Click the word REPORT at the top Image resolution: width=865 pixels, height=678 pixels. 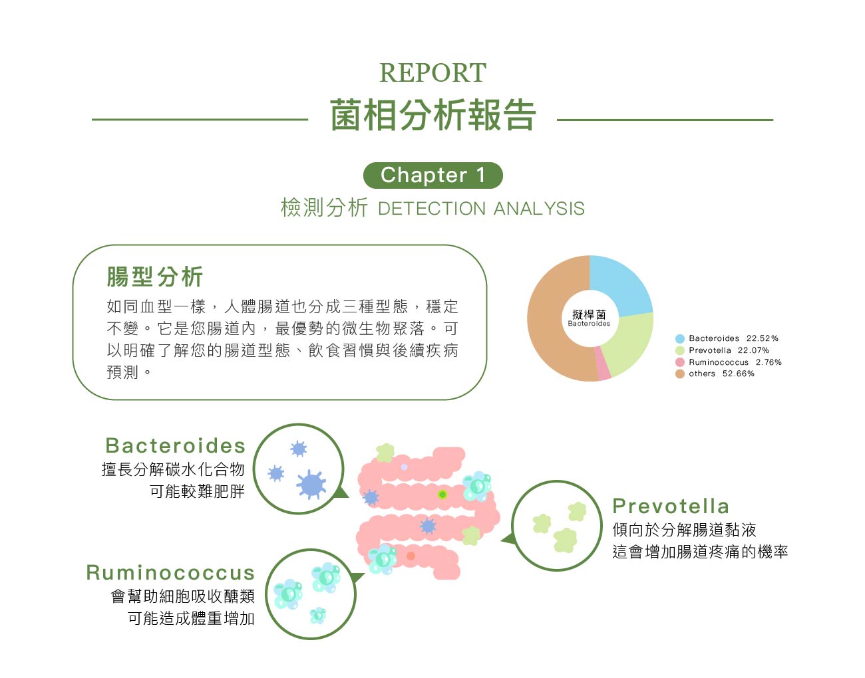432,72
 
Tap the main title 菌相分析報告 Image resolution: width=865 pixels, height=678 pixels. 432,115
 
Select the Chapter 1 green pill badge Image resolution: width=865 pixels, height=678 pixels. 432,175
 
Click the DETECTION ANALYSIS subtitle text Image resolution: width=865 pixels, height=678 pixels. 481,208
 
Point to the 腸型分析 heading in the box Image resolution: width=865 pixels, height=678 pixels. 155,277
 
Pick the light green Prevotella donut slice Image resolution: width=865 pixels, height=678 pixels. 629,342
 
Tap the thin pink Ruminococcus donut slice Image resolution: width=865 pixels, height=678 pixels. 603,364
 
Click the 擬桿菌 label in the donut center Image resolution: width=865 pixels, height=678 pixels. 589,314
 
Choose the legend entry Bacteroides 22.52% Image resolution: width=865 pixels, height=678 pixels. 727,338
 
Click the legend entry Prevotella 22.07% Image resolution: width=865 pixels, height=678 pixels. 722,350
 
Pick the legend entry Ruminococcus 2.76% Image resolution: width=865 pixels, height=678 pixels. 729,362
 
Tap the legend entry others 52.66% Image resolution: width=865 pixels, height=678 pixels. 715,374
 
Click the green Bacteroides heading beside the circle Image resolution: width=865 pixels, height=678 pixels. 175,445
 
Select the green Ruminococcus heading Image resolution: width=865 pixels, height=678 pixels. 170,572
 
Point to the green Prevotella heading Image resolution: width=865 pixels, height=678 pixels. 670,507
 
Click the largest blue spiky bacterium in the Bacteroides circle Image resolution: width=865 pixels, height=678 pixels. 311,484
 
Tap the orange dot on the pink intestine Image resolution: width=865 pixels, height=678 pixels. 411,556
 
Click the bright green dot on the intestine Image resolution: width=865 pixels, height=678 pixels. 442,495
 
